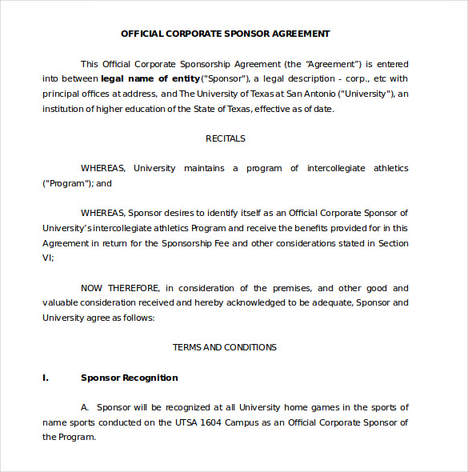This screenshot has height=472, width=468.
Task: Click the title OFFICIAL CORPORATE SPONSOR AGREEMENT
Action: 225,34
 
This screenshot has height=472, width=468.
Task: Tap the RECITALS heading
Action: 225,138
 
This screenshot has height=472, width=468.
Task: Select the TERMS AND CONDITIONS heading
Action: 225,347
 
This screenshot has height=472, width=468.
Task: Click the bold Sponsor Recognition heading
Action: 130,378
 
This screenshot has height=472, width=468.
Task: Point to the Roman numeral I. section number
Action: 46,378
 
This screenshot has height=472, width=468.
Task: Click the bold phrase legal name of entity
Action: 150,78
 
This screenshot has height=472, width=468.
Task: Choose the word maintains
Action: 204,168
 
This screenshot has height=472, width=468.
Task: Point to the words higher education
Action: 127,109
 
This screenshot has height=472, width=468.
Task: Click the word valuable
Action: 62,303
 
